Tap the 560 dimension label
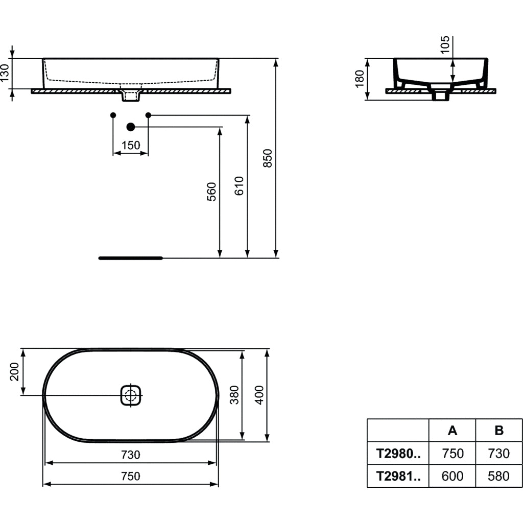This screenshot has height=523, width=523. (212, 192)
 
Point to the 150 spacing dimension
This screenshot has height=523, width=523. (131, 146)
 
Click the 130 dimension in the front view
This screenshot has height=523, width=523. (5, 74)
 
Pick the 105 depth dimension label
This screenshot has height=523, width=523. (445, 45)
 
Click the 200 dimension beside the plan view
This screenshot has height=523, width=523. (14, 371)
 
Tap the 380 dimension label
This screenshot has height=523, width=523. (234, 394)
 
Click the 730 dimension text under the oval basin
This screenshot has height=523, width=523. (131, 455)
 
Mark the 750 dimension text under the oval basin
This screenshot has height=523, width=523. (131, 476)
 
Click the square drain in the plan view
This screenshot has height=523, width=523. (131, 395)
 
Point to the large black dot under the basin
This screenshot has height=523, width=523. (131, 127)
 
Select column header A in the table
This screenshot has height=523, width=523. (453, 431)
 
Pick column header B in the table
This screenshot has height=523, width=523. (499, 431)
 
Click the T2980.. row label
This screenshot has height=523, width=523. (398, 454)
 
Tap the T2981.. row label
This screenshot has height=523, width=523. (398, 476)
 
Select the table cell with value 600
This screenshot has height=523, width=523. (453, 476)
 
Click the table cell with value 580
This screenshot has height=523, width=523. (499, 476)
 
